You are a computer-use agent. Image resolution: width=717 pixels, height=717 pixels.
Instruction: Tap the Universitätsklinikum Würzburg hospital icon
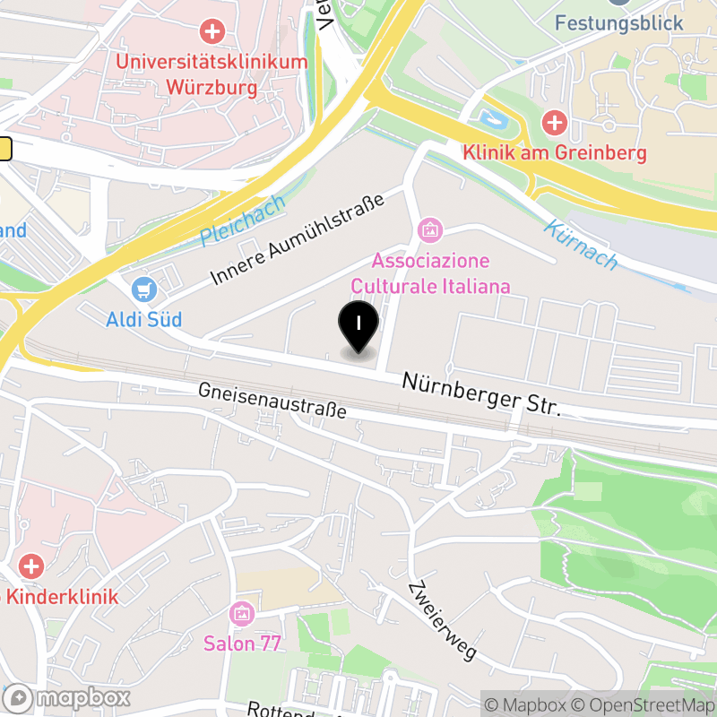pos(212,32)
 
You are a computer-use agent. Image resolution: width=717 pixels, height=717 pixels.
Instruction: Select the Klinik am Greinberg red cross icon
pos(554,122)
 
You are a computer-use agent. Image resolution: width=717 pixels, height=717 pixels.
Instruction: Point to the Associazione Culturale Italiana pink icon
pos(430,230)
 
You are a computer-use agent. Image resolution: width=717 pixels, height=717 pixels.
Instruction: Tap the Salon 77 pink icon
pos(242,614)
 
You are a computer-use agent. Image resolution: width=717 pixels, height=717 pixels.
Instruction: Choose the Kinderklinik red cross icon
pos(31,566)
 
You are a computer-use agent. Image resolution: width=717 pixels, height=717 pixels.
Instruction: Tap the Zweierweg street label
pos(441,620)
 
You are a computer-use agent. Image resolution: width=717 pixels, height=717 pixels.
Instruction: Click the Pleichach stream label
pos(243,220)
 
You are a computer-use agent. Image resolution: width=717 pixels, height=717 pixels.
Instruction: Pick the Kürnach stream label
pos(581,245)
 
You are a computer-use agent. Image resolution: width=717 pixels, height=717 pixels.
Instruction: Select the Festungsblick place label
pos(618,23)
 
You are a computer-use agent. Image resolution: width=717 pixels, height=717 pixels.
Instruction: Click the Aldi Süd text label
pos(144,319)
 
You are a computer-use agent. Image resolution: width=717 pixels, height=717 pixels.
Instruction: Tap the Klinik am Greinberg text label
pos(554,152)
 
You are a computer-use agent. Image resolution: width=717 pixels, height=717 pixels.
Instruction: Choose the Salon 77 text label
pos(242,644)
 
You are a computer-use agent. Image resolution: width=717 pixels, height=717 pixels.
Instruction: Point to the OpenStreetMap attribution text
pos(644,704)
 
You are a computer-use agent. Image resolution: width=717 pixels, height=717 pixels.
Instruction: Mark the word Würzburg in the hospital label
pos(212,88)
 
